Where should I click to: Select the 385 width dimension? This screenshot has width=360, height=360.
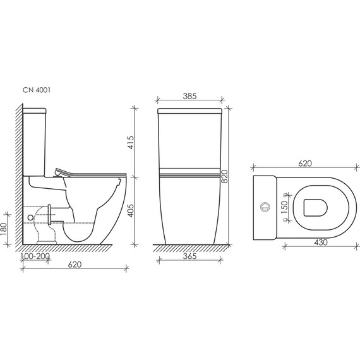189,97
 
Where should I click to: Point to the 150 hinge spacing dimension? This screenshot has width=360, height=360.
285,205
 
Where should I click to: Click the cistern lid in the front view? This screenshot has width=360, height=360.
189,112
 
